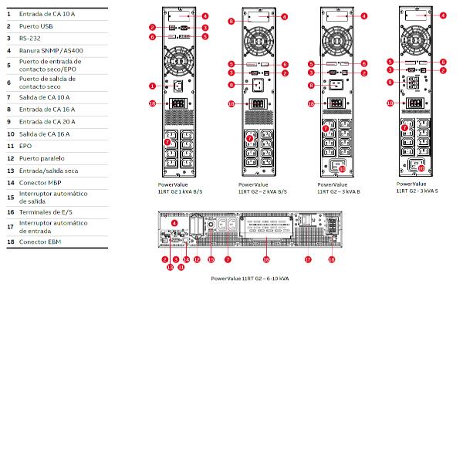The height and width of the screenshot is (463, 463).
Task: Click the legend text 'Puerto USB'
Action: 36,25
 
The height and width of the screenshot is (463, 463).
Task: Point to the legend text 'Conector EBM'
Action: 41,242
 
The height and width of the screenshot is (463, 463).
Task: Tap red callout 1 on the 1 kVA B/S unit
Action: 153,86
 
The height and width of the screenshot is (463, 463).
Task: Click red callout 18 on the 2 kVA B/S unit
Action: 231,103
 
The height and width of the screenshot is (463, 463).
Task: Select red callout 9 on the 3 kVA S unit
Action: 390,82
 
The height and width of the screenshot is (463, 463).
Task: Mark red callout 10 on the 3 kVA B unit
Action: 343,169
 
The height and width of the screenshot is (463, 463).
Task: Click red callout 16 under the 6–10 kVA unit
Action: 267,259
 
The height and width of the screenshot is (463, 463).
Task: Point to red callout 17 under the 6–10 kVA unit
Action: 307,259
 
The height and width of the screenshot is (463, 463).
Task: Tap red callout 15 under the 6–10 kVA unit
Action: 210,259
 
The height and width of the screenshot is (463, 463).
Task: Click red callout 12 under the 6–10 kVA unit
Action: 196,259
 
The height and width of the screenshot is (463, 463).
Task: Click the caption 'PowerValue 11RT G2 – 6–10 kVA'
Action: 250,278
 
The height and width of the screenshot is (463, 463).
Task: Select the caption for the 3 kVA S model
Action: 417,187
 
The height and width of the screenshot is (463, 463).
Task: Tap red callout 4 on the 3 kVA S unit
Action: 442,15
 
